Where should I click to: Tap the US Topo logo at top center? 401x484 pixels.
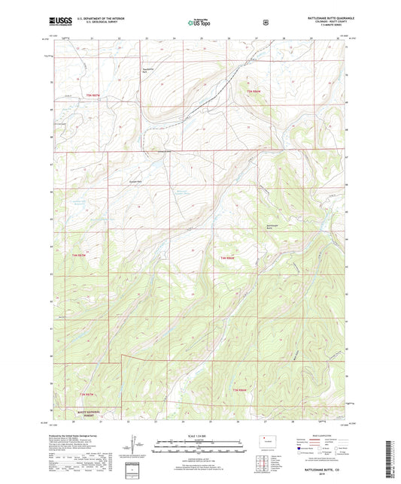(199, 23)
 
